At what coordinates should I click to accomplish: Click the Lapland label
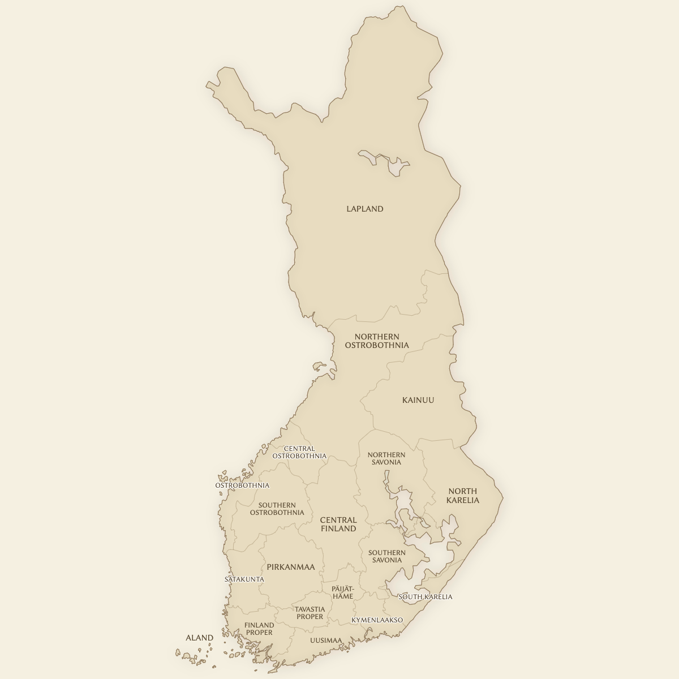coord(364,209)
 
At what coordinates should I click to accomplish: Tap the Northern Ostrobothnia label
coord(376,341)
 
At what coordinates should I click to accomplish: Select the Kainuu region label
coord(418,400)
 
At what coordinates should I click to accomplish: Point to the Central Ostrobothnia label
coord(299,452)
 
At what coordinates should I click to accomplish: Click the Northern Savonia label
coord(386,458)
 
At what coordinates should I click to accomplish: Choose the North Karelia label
coord(462,496)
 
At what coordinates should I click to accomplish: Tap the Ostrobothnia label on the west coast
coord(242,485)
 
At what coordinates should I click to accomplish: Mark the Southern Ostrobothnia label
coord(277,509)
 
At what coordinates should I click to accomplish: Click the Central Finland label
coord(338,524)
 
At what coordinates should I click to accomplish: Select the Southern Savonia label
coord(386,556)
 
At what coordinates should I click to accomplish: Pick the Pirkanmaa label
coord(290,566)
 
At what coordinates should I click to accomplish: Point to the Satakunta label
coord(244,579)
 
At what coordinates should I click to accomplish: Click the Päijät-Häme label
coord(342,592)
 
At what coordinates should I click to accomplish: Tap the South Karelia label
coord(426,597)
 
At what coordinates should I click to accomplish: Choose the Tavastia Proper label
coord(310,613)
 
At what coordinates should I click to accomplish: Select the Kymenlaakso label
coord(377,620)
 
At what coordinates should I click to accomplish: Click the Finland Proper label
coord(259,629)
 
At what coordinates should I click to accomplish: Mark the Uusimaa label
coord(326,641)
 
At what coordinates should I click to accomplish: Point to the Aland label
coord(199,638)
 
